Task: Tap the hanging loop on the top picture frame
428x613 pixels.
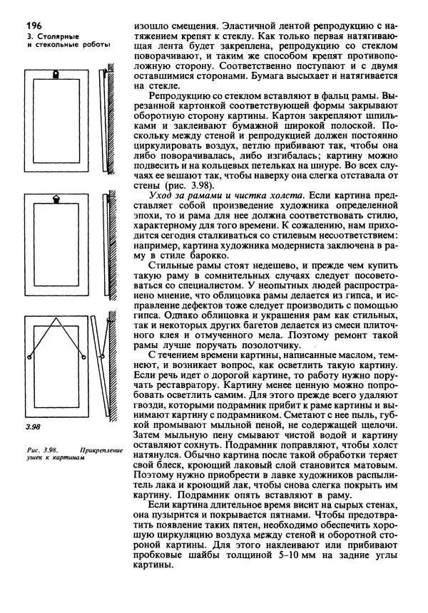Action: point(57,74)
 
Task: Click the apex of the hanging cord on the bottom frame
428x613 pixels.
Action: point(57,320)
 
